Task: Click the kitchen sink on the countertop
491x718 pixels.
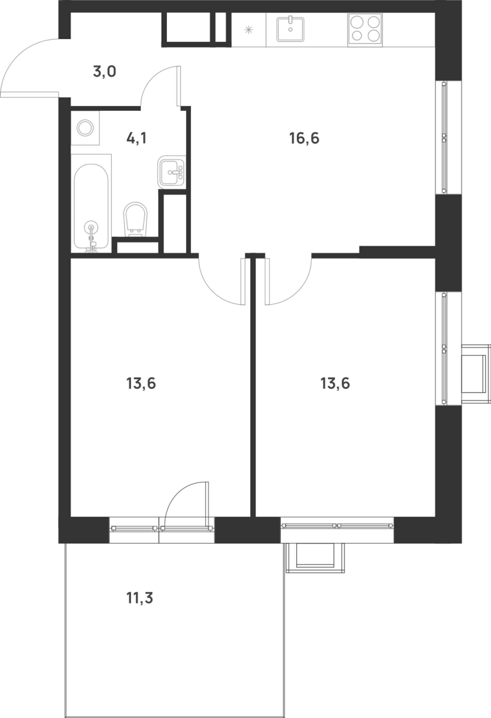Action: (x=290, y=29)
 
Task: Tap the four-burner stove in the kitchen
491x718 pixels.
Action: (x=365, y=30)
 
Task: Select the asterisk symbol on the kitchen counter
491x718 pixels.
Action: (x=248, y=30)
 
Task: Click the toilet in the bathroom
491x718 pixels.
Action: (x=136, y=219)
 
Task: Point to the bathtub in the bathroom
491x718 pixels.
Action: (x=91, y=206)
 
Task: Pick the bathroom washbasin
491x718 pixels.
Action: (x=172, y=172)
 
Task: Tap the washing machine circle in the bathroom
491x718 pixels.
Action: (x=85, y=128)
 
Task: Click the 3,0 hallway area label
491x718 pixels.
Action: (x=104, y=72)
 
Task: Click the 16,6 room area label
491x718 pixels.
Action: (x=304, y=138)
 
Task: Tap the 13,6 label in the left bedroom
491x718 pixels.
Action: (x=141, y=383)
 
